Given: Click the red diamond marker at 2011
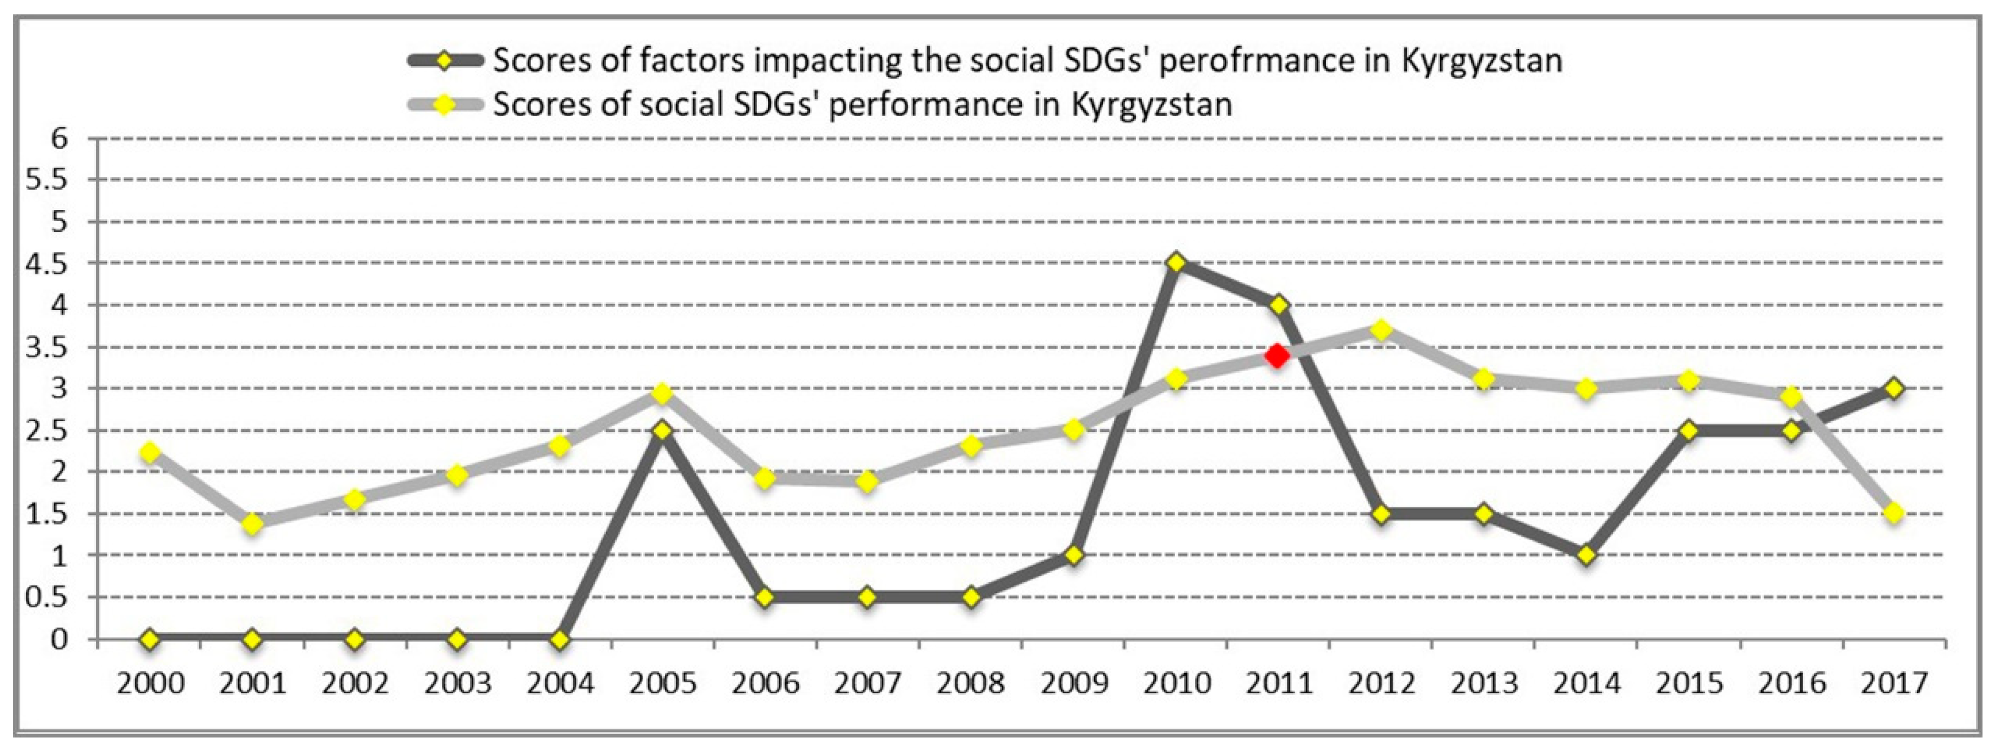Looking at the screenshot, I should click(1277, 356).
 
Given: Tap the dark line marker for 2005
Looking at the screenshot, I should click(662, 430).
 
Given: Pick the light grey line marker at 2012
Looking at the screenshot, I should click(1381, 331).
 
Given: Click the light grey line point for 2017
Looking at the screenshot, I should click(1894, 513).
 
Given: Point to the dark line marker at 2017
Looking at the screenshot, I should click(1894, 388).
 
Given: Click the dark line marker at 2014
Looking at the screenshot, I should click(1586, 555).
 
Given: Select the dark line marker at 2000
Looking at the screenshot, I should click(150, 640).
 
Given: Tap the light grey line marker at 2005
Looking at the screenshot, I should click(662, 394).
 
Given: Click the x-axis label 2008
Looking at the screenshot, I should click(971, 684).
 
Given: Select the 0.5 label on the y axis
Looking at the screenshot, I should click(47, 597).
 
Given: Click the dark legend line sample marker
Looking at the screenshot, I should click(444, 61).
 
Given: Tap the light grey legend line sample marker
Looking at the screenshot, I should click(444, 104).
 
